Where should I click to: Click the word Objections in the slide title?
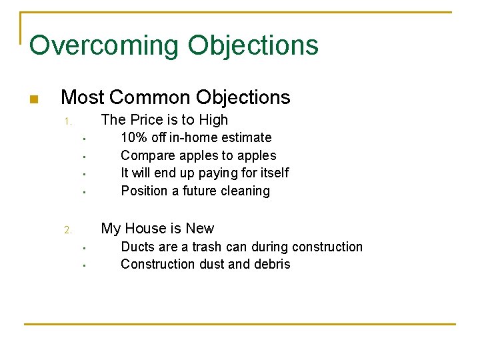pos(253,46)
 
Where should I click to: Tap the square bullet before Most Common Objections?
pos(34,100)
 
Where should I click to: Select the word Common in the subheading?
pos(150,97)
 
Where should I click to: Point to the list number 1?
pos(67,122)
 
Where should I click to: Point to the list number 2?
pos(67,231)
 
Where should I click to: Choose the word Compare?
pos(146,156)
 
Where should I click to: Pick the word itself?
pos(273,173)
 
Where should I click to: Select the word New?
pos(200,229)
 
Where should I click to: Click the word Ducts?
pos(137,247)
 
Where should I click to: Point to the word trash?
pos(207,247)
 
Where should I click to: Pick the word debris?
pos(273,265)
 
